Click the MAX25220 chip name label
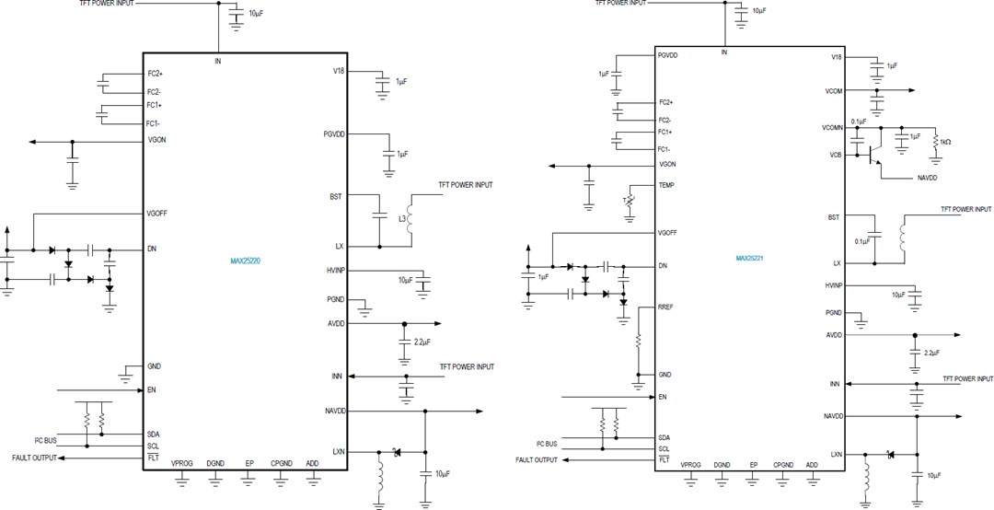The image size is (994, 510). point(246,261)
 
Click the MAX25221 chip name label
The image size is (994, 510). point(751,259)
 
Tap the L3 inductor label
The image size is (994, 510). point(401,219)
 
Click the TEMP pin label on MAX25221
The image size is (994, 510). point(667,185)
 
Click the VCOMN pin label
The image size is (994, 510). point(833,128)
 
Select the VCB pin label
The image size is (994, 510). point(836,155)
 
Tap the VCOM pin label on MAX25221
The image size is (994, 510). point(834,91)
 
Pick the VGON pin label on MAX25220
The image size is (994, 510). point(157,140)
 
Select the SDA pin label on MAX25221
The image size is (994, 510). point(665,437)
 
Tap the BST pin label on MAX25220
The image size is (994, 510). point(335,196)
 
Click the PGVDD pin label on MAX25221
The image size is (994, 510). point(669,56)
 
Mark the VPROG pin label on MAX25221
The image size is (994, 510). point(690,466)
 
